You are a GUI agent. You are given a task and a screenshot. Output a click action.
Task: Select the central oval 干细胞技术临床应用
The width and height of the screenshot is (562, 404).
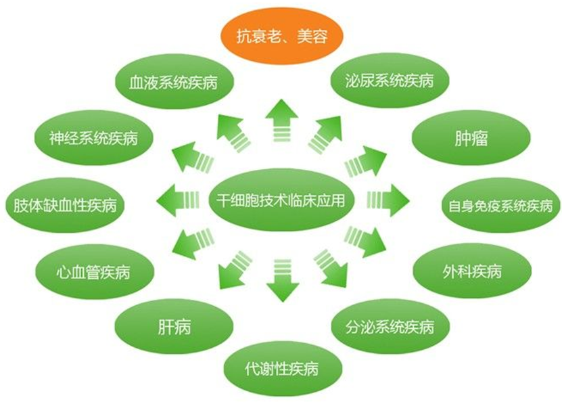(x=281, y=200)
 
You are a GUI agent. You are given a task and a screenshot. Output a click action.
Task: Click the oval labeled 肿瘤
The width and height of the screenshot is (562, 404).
(x=471, y=140)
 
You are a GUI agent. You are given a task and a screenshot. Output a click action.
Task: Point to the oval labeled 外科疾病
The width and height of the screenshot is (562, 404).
(x=471, y=272)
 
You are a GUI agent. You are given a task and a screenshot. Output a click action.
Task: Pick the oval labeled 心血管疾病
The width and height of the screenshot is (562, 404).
(x=94, y=273)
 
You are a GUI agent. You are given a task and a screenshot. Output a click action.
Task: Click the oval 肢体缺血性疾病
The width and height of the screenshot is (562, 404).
(x=65, y=205)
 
